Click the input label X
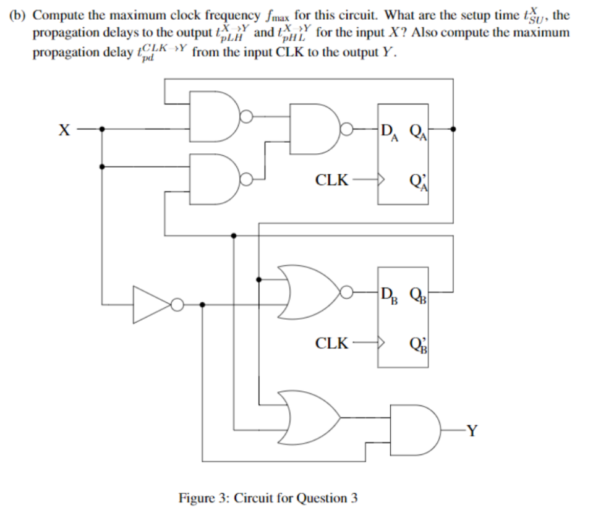tap(62, 130)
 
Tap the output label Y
tap(472, 431)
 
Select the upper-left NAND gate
tap(216, 116)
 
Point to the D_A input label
tap(390, 132)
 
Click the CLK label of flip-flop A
tap(332, 180)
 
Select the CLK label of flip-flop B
tap(332, 342)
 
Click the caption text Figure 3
tap(267, 498)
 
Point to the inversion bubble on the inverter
tap(177, 304)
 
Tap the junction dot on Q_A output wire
tap(454, 129)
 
